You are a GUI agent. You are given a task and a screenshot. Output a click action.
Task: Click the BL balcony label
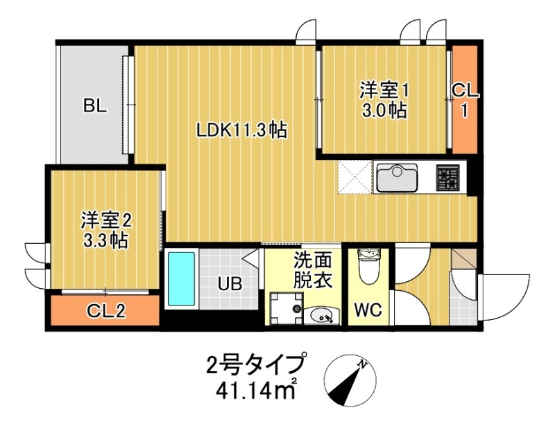click(95, 106)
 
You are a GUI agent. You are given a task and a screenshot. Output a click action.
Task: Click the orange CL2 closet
click(105, 312)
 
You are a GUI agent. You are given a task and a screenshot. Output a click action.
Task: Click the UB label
click(230, 284)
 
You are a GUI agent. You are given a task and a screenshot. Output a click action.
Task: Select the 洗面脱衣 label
click(312, 271)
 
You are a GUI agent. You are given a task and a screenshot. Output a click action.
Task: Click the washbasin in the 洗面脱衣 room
click(321, 316)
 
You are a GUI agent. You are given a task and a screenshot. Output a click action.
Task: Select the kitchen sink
click(396, 177)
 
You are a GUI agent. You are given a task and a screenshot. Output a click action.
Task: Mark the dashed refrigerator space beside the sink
click(355, 177)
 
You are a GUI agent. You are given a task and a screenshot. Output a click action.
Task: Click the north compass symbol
click(350, 381)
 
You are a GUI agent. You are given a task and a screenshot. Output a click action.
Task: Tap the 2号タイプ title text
click(256, 364)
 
